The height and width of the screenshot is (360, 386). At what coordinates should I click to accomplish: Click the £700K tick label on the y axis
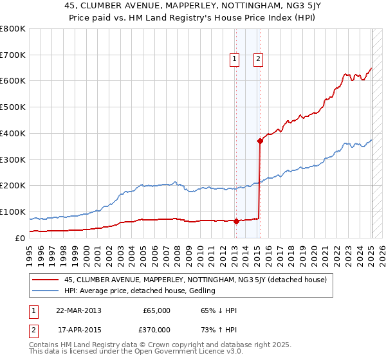coord(12,55)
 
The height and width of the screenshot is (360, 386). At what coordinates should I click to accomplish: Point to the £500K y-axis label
coord(12,107)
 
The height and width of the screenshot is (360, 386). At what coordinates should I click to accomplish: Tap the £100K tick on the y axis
coord(12,212)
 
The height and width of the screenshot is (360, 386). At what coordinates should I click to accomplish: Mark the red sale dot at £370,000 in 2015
coord(260,141)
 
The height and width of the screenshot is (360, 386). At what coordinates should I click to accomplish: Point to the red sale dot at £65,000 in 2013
coord(236,221)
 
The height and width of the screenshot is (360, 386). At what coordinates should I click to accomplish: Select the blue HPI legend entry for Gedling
coord(143,291)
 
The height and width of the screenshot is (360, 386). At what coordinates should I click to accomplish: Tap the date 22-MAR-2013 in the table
coord(79,310)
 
